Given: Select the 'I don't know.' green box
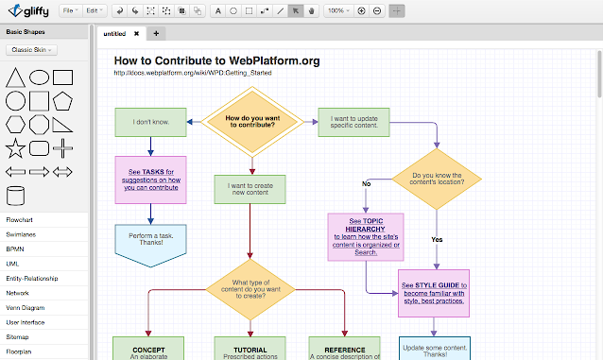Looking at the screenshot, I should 150,122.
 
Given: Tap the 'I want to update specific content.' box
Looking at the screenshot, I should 356,122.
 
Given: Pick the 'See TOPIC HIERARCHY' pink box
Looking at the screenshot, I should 365,235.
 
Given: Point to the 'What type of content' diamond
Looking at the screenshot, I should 250,289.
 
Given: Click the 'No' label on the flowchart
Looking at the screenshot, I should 366,184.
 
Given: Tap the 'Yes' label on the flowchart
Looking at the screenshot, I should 437,239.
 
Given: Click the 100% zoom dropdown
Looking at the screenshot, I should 337,10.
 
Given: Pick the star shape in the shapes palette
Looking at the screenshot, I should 15,148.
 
